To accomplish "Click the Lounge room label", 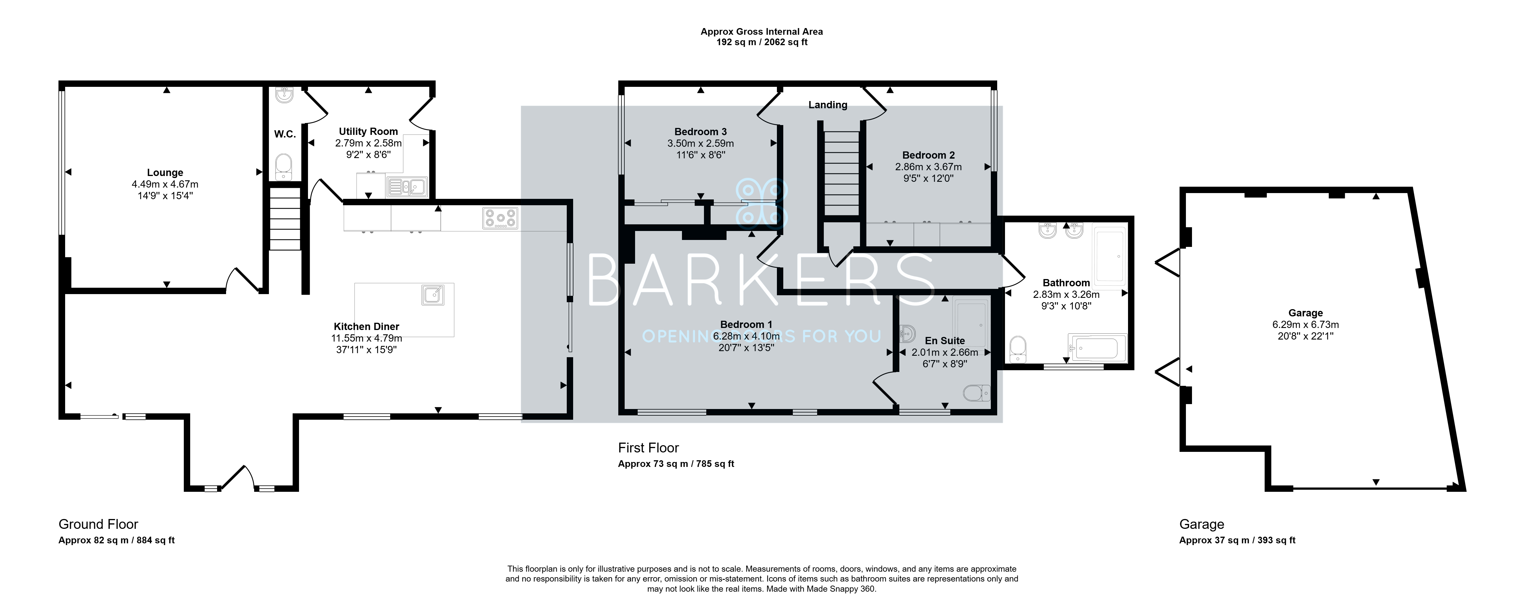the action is (x=165, y=173).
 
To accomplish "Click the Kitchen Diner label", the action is (x=366, y=327).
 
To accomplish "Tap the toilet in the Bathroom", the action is (x=1017, y=349).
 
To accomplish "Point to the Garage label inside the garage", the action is (x=1306, y=313).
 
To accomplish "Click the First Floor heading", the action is (x=648, y=448).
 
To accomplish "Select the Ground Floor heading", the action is (x=98, y=524).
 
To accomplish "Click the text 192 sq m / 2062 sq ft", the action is (x=761, y=42).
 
